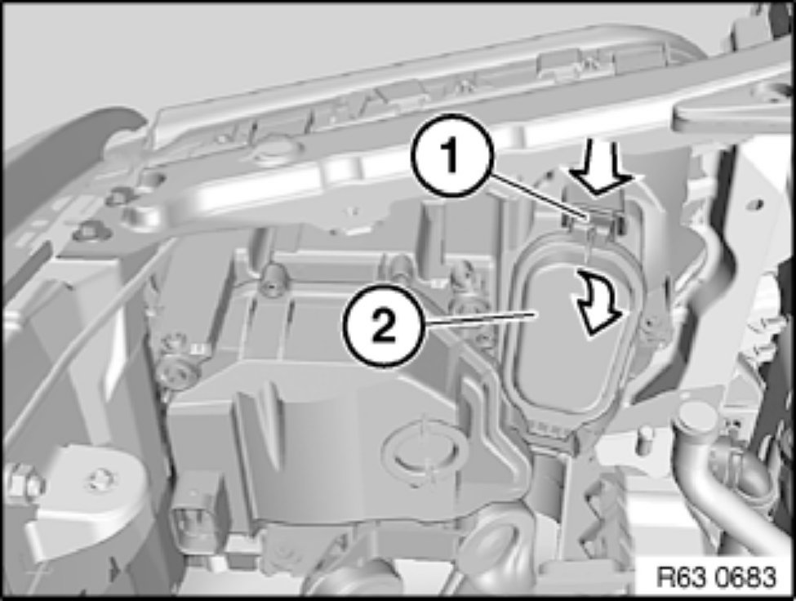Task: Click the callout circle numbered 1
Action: pos(451,156)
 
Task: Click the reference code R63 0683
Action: pos(716,577)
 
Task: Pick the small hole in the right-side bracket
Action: pos(758,205)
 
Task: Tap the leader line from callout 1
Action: pos(535,196)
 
